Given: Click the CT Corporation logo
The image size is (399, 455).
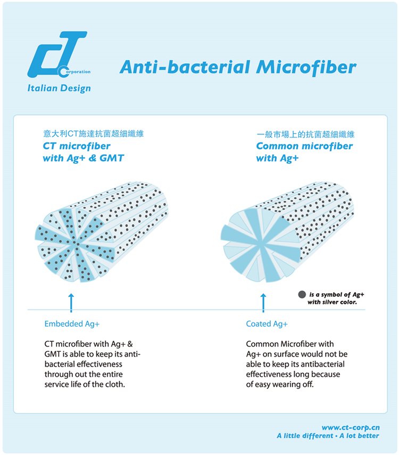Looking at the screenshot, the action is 59,55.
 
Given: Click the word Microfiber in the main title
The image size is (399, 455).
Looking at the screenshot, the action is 306,67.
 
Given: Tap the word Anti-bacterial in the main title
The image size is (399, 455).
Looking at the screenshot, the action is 185,67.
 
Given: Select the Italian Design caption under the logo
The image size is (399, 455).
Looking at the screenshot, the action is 59,88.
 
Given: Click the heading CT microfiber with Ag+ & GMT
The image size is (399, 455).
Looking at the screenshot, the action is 84,152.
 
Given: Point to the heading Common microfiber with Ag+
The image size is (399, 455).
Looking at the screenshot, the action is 304,152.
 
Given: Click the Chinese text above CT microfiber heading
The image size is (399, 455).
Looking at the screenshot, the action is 94,134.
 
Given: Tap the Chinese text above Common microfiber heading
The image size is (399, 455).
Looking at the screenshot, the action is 305,134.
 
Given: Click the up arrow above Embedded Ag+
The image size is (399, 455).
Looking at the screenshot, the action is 71,303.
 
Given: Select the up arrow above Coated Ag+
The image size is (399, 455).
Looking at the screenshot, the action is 263,303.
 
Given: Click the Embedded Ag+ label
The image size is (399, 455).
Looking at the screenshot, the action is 72,324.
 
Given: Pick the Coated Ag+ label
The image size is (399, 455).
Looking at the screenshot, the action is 267,324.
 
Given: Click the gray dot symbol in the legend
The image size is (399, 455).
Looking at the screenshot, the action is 302,294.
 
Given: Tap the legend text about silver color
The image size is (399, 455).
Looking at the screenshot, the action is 336,299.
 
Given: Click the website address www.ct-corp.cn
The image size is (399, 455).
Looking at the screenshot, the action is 351,427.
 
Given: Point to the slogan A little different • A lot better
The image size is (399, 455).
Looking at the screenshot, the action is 328,436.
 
